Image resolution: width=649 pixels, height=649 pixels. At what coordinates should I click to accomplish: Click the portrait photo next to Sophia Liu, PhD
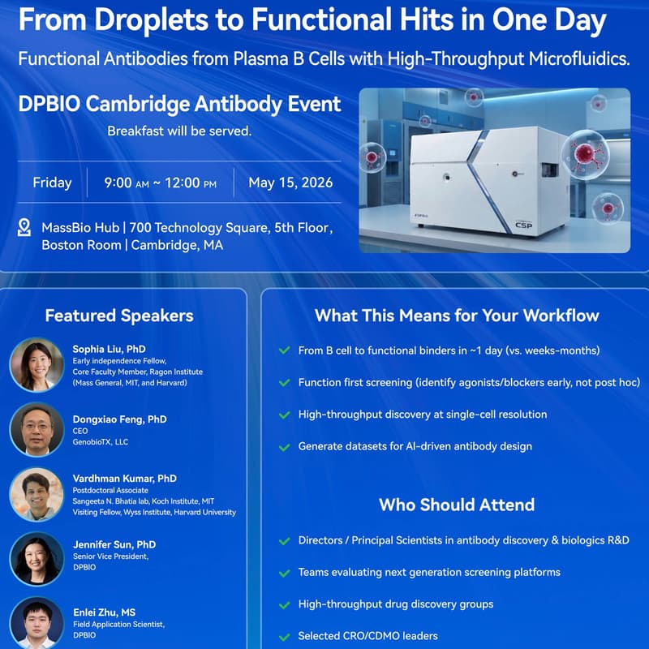coord(37,364)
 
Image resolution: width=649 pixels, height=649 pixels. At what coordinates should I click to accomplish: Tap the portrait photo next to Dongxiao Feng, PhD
coord(37,429)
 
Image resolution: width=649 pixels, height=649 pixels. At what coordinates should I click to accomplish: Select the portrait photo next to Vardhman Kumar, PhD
coord(37,494)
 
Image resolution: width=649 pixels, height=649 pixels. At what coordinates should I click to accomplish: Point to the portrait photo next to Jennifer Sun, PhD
coord(37,559)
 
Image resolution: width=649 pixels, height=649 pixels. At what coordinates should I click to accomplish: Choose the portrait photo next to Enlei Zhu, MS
coord(37,622)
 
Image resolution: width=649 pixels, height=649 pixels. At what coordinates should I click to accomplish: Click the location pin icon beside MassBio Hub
coord(24,227)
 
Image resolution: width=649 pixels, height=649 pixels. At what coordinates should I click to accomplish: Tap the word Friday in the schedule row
coord(52,183)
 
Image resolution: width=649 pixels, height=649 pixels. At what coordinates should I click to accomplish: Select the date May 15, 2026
coord(290,183)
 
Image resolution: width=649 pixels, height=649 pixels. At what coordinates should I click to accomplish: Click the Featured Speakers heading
coord(119,316)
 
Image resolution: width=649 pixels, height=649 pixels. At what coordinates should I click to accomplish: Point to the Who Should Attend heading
coord(457,505)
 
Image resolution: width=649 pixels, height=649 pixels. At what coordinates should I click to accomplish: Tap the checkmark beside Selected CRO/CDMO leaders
coord(284,637)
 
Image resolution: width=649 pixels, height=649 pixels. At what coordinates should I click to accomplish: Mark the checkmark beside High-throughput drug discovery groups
coord(284,604)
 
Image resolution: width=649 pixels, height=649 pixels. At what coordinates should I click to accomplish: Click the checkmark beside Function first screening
coord(284,382)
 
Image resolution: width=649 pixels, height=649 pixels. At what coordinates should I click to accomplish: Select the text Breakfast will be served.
coord(179,131)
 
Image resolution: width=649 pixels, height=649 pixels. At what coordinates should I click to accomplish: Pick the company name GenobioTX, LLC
coord(101,442)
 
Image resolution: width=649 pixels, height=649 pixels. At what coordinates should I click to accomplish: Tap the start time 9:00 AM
coord(126,183)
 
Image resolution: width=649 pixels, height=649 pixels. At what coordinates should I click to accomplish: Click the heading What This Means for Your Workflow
coord(457,316)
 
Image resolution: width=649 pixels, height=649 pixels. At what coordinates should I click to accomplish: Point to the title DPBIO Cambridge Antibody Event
coord(179,105)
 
